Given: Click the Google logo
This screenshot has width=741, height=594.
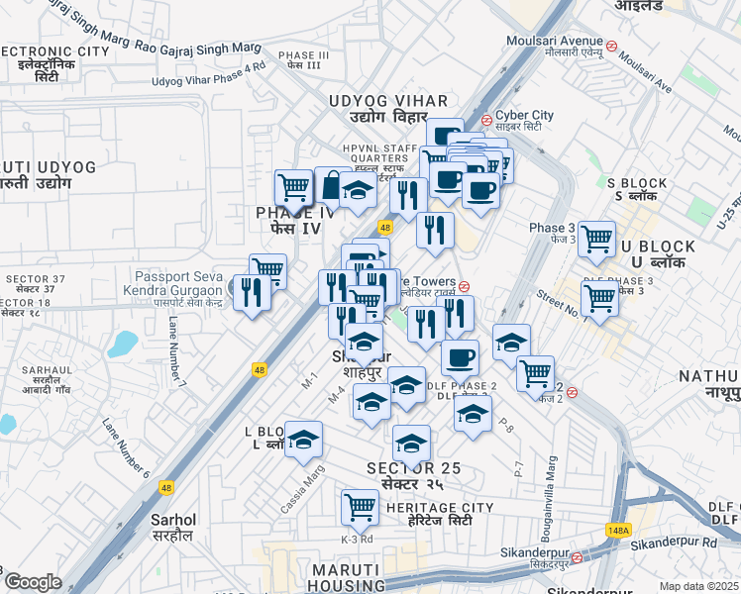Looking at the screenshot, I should pyautogui.click(x=32, y=582).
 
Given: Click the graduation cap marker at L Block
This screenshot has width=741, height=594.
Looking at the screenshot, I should pyautogui.click(x=304, y=439).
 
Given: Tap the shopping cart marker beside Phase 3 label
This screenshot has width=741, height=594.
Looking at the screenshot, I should pyautogui.click(x=596, y=239).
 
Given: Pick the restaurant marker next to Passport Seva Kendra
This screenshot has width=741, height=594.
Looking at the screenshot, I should pyautogui.click(x=252, y=292).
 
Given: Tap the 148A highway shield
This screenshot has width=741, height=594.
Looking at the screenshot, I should pyautogui.click(x=618, y=531).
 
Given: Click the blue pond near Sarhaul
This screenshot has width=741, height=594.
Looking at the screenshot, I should pyautogui.click(x=124, y=344).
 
